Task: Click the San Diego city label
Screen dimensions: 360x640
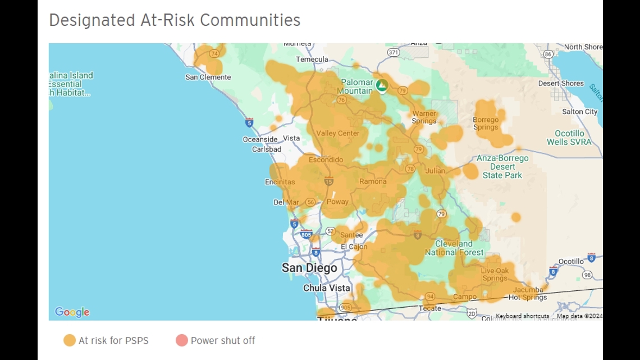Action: [309, 268]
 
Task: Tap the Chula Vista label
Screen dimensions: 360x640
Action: [326, 288]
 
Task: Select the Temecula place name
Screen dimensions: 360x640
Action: [312, 60]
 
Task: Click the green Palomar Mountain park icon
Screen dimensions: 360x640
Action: [382, 85]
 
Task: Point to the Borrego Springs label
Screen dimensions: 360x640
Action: [486, 123]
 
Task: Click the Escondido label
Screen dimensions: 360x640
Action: [326, 160]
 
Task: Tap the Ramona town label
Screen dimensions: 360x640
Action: [373, 181]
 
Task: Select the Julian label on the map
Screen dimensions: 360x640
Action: [435, 171]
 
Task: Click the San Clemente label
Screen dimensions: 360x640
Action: [208, 77]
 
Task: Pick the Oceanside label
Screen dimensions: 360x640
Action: [260, 139]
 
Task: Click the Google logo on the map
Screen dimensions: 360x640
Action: [72, 312]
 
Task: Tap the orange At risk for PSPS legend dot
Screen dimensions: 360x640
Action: [70, 340]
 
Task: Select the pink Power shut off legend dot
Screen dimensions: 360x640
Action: [181, 340]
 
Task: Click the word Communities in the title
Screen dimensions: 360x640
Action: [250, 20]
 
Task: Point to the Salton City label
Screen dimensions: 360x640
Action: [579, 112]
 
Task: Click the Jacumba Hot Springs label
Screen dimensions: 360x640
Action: [527, 294]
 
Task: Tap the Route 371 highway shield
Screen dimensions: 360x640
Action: [394, 52]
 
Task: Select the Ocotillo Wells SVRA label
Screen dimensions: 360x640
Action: [569, 138]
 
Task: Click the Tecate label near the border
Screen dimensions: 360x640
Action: [430, 308]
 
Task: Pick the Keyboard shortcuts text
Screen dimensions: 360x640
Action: [522, 316]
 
